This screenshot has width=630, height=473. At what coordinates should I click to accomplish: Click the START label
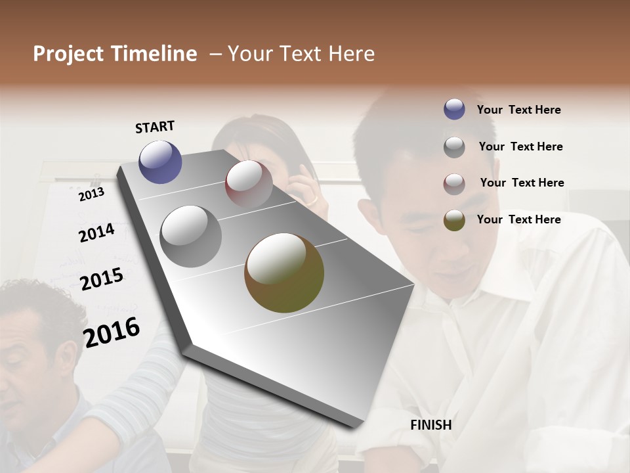[155, 127]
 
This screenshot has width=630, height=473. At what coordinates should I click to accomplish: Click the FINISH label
[430, 425]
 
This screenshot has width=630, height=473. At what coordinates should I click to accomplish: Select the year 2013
[91, 194]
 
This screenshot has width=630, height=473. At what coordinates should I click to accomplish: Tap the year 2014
[96, 233]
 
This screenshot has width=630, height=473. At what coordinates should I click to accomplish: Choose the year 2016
[112, 332]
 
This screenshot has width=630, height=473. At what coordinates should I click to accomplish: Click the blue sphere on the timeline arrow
[160, 162]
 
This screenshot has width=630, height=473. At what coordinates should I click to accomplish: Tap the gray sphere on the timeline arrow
[190, 236]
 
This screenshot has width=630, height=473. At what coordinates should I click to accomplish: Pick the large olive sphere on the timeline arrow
[284, 273]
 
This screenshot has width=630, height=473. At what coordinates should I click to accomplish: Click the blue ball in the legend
[454, 109]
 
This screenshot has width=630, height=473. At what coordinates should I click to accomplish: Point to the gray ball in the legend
[454, 147]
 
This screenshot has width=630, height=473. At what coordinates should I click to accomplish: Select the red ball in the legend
[454, 184]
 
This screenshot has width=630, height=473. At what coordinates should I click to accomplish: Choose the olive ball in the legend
[454, 220]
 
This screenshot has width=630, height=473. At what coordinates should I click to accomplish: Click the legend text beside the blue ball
[518, 110]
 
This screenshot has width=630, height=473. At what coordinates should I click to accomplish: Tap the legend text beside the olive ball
[518, 219]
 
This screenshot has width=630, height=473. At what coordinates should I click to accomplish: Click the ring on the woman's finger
[312, 199]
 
